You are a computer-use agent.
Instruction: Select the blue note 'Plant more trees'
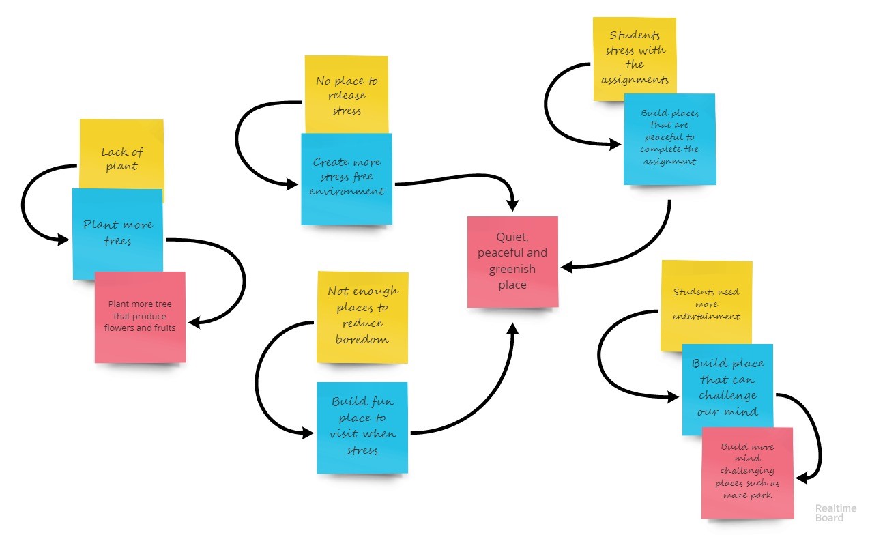117,232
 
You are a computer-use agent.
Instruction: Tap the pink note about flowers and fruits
140,317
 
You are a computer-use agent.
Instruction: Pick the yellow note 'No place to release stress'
346,96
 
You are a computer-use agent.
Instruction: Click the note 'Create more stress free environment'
347,177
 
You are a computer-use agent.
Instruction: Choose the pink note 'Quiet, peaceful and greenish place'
512,261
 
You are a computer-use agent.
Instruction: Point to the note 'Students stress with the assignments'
634,58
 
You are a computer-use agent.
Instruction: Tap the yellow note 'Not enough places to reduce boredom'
362,315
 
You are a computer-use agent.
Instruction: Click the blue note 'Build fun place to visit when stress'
362,426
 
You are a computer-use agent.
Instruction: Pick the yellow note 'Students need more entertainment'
706,304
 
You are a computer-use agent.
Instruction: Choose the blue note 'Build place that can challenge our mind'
727,388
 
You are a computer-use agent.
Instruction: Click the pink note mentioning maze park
747,471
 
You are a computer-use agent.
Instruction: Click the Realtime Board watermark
830,513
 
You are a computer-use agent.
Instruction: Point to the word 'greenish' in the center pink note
512,269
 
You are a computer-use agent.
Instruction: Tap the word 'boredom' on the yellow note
362,339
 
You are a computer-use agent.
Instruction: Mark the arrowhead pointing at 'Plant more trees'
63,240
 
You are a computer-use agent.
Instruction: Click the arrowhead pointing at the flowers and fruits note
193,323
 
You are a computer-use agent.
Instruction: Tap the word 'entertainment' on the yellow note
706,317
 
